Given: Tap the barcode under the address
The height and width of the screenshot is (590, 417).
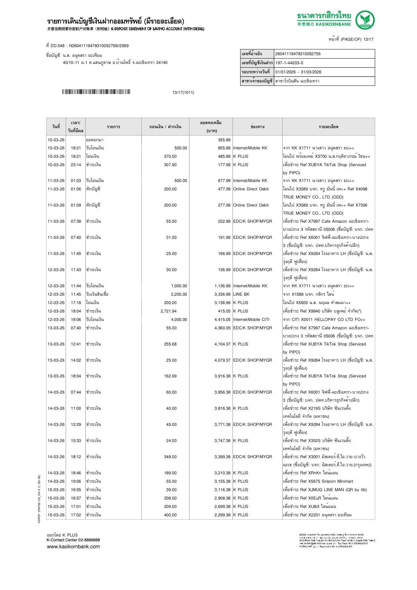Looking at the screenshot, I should (96, 92).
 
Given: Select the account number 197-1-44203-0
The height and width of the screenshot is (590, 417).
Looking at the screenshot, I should (289, 63).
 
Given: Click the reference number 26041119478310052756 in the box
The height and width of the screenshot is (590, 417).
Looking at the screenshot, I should (298, 54).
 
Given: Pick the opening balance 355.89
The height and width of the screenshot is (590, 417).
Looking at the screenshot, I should (224, 140).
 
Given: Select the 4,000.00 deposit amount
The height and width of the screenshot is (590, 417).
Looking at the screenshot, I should (179, 320).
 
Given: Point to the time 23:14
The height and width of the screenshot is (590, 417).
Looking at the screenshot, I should (76, 165).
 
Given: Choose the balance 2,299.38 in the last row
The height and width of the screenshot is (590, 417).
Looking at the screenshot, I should (222, 515).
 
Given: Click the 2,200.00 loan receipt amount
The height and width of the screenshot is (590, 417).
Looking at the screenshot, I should (179, 294).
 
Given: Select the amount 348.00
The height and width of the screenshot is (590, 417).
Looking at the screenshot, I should (170, 457).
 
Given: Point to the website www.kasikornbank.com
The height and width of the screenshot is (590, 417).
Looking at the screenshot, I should (73, 547).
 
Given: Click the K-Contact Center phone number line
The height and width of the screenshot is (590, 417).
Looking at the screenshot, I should (73, 540).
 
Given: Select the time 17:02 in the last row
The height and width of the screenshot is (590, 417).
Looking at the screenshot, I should (76, 515).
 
